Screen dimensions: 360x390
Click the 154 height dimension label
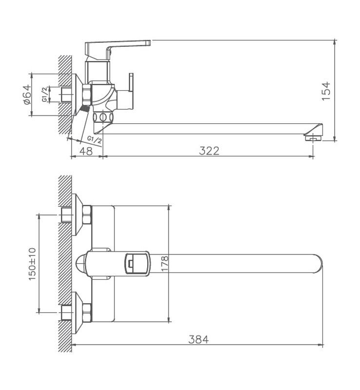326,91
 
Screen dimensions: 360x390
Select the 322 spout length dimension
209,151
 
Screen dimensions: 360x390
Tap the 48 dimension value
86,151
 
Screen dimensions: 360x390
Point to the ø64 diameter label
27,94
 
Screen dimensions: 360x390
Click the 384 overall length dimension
198,339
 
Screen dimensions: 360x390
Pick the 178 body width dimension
165,264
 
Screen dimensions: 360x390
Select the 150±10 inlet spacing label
32,264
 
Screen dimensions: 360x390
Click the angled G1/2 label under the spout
95,140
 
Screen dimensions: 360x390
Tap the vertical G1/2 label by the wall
45,94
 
